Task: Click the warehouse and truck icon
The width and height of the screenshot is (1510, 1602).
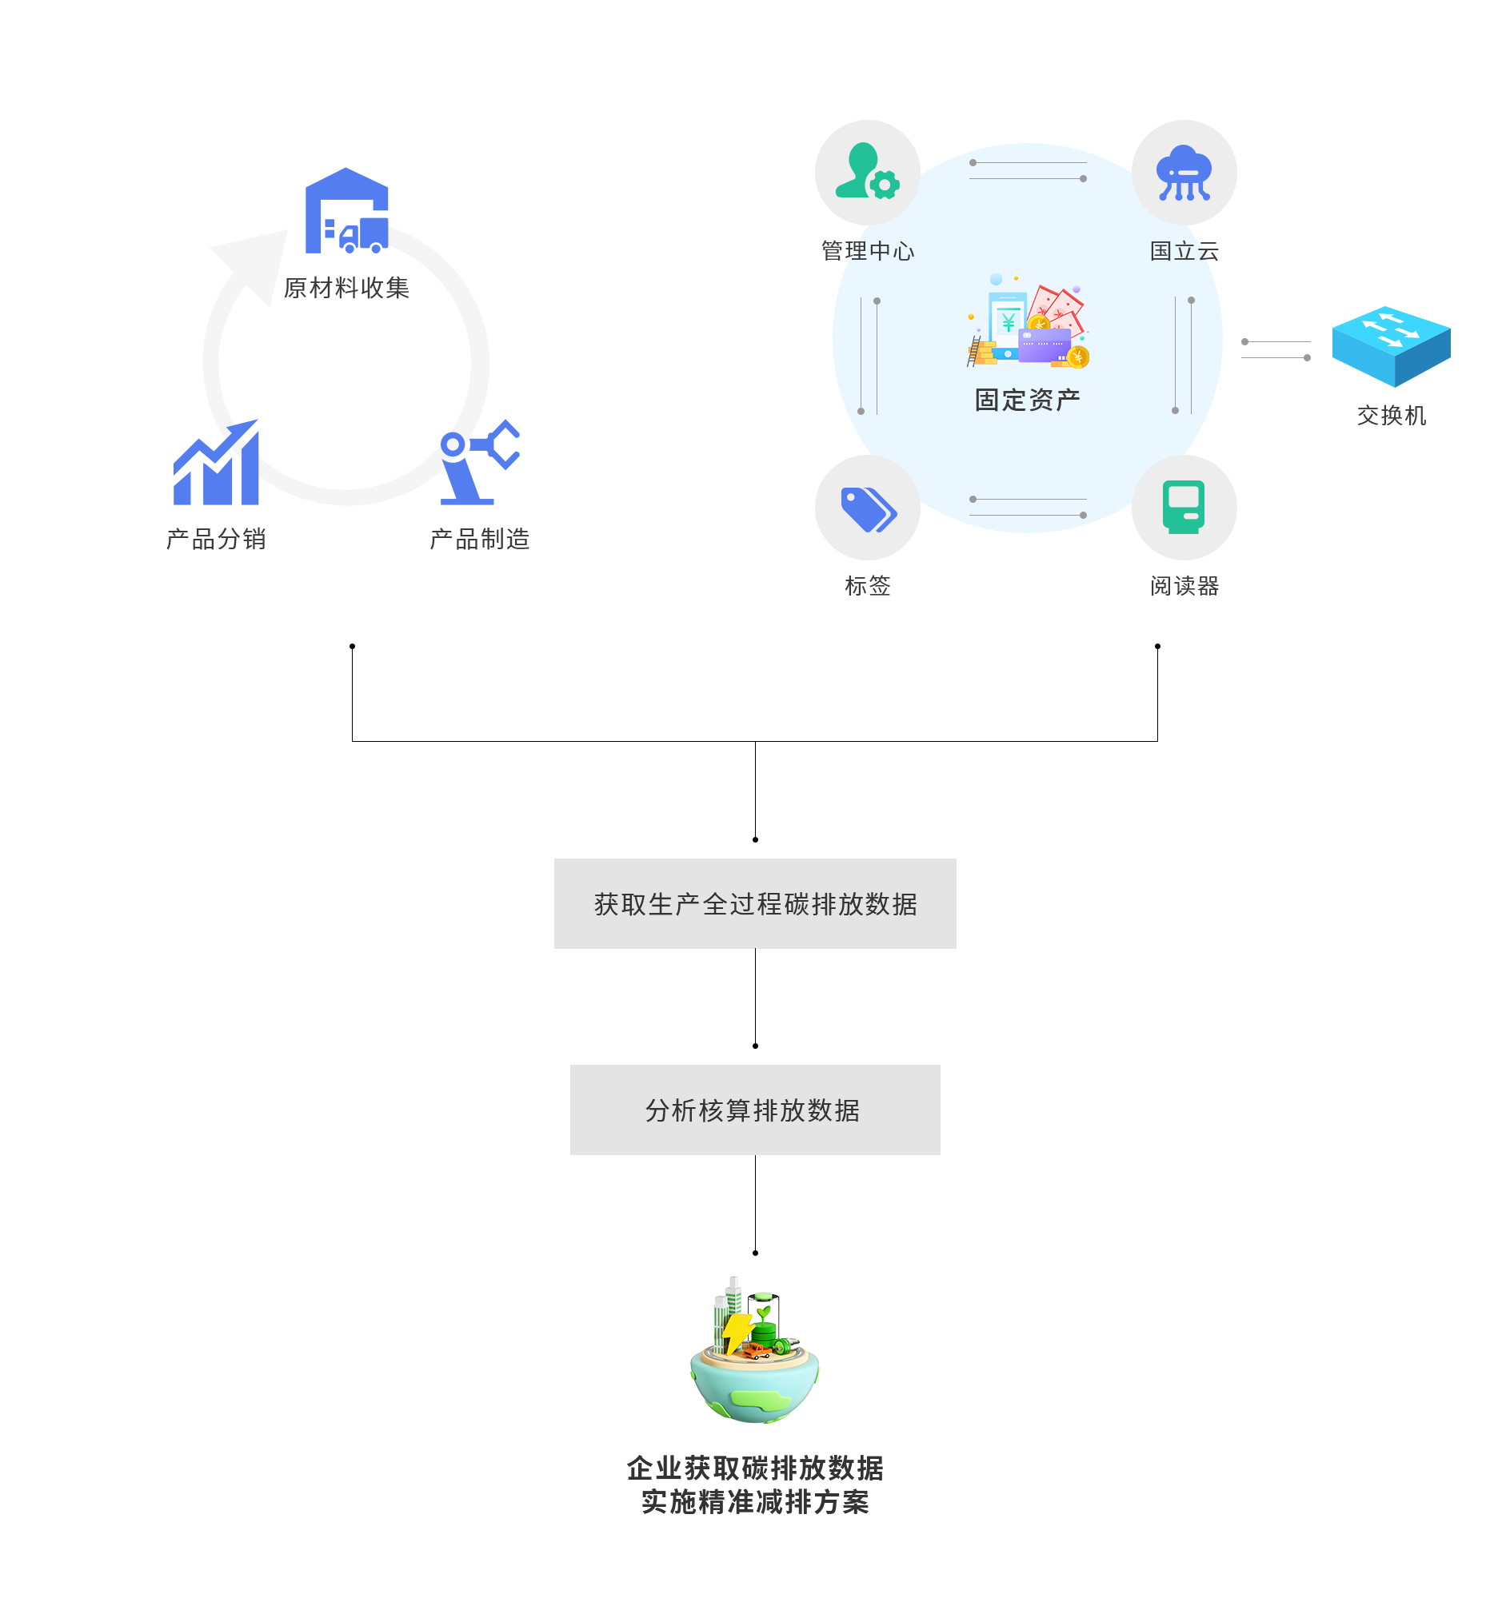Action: coord(346,210)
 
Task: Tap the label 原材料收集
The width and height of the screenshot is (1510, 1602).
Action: coord(346,288)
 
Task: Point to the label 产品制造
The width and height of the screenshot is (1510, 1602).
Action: coord(480,538)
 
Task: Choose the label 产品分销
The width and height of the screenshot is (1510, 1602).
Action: coord(216,538)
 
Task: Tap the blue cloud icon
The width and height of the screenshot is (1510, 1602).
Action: coord(1184,173)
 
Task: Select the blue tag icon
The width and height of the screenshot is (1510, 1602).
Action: coord(868,508)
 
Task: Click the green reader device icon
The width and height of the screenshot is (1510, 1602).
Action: coord(1184,507)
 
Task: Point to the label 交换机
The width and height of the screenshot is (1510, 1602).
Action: coord(1392,415)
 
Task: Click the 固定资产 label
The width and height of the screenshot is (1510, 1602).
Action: coord(1027,400)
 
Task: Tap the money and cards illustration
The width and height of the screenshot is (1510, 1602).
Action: coord(1028,322)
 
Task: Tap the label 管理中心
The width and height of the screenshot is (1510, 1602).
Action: coord(868,251)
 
